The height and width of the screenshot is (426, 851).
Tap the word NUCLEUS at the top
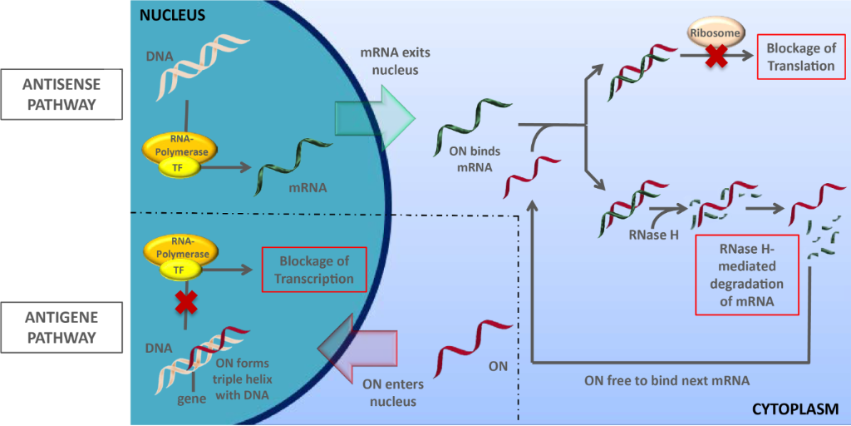(x=171, y=14)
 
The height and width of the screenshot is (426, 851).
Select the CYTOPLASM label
(x=798, y=409)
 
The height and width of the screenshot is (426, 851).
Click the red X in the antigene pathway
(x=184, y=302)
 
